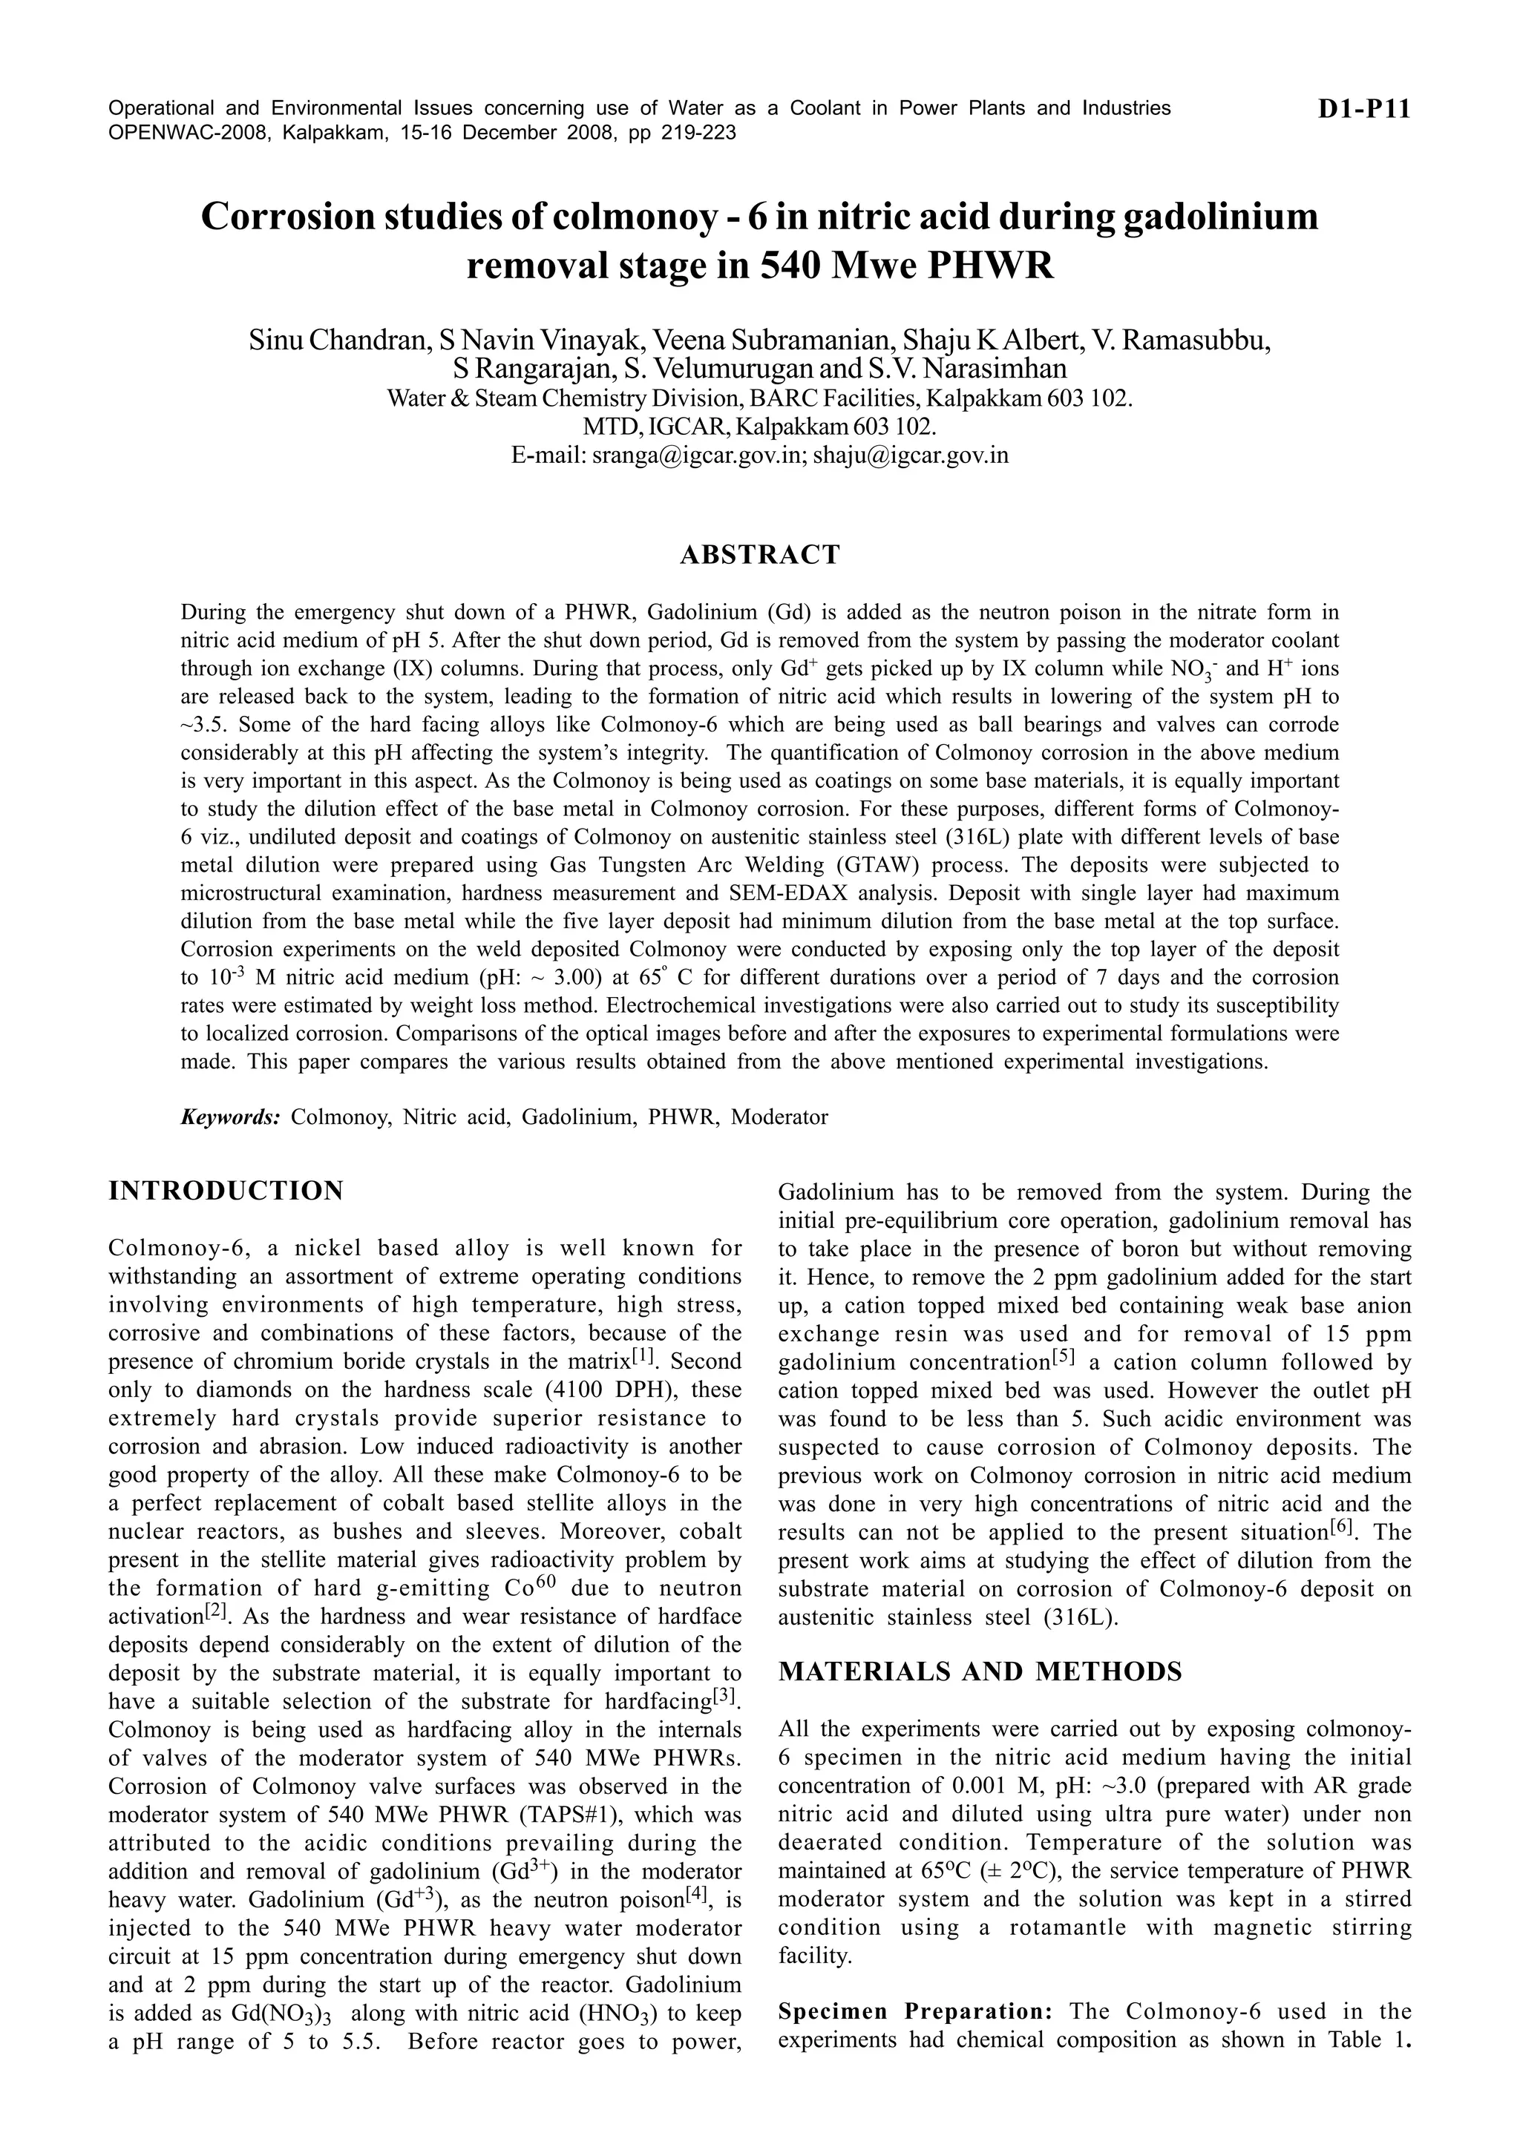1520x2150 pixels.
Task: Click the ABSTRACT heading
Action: click(x=759, y=555)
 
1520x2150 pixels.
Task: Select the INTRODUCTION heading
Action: click(x=226, y=1191)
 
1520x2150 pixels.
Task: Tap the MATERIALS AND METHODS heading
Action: click(x=980, y=1672)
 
